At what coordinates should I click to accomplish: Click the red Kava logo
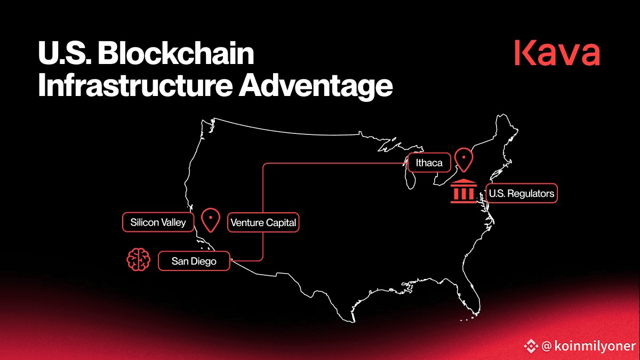557,53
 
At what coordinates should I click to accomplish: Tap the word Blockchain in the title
176,53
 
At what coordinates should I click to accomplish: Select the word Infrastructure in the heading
135,85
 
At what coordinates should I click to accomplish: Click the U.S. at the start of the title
65,53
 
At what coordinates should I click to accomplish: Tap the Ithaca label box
429,163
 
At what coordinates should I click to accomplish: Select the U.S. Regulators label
522,194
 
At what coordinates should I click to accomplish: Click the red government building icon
463,191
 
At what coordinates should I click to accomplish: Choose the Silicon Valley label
158,222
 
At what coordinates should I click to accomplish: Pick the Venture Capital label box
263,222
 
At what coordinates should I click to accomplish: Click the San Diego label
194,261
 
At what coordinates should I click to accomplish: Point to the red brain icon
139,259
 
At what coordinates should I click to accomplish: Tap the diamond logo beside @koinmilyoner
531,346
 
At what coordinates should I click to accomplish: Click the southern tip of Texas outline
354,322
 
